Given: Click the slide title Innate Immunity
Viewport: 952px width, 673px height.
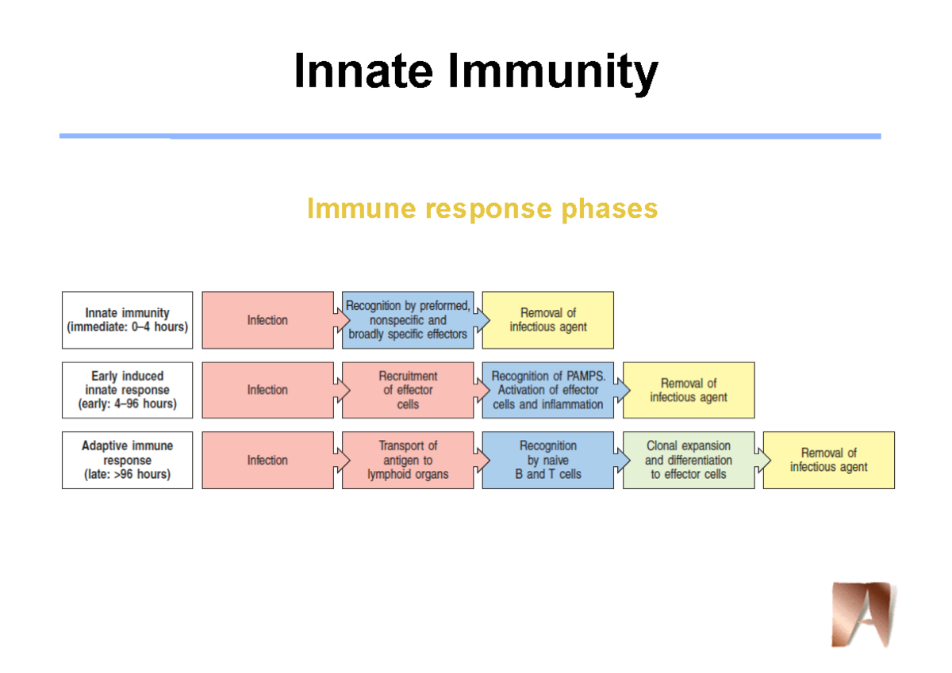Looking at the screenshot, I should (475, 72).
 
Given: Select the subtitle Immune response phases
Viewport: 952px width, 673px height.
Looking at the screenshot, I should (482, 208).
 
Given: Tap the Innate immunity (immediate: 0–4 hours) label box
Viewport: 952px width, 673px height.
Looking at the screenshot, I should (127, 320).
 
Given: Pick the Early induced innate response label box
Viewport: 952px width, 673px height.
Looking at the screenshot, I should (127, 390).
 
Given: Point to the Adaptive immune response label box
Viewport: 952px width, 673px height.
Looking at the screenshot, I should (127, 460).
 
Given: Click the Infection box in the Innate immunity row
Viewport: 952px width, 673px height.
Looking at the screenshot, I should (267, 320).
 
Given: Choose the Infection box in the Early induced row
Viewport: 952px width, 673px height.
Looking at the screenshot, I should (267, 390).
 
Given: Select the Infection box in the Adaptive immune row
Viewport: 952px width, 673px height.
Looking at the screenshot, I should (267, 460).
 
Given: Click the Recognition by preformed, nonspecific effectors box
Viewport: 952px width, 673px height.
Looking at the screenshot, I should (408, 320).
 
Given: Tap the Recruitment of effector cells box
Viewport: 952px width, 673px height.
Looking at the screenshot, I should (408, 390).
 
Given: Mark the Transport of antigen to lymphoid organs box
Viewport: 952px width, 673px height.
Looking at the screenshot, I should (408, 460).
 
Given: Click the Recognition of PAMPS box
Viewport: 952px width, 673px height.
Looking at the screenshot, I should (547, 390).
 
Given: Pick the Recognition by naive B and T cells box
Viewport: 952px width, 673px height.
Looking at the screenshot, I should (547, 460).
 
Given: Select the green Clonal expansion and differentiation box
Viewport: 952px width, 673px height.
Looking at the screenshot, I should (688, 460).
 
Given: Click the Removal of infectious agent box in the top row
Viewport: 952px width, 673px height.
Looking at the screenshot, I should (547, 320).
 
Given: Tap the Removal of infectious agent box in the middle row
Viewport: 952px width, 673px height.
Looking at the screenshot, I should (688, 390).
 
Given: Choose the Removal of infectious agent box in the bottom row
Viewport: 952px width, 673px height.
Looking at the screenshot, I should (828, 460).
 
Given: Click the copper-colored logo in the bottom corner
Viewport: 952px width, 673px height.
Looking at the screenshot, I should (862, 614).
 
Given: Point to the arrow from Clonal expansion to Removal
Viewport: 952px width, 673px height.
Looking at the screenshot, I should (762, 460).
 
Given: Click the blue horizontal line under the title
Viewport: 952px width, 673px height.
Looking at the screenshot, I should (470, 136).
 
